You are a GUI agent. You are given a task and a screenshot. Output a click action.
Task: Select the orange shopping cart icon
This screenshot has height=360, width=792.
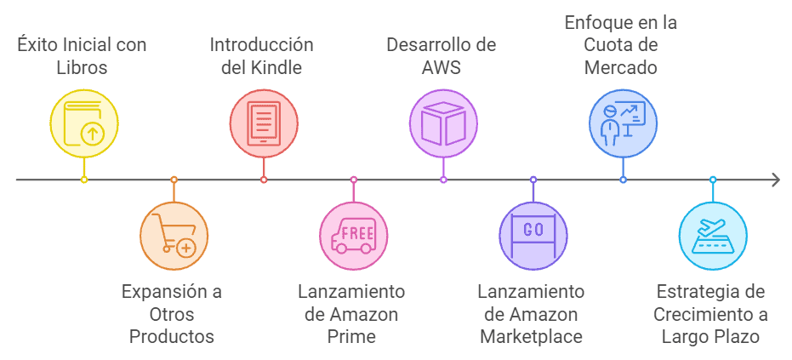[x=174, y=236]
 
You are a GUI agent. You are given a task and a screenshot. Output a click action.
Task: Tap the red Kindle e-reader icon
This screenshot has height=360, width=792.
[x=264, y=123]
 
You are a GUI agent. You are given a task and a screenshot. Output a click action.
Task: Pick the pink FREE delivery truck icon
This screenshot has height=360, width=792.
[x=354, y=236]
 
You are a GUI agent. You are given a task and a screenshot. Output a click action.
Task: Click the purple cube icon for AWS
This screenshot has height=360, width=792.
[x=443, y=123]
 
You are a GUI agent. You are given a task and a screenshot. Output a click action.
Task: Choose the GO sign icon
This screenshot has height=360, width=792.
[x=533, y=236]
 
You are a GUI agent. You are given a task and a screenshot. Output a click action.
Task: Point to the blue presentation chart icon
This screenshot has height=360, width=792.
[x=624, y=123]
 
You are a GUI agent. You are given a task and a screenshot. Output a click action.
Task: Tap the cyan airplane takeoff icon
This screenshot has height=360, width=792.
[x=713, y=236]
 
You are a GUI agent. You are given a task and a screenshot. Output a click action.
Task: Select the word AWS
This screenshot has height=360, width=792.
[x=442, y=67]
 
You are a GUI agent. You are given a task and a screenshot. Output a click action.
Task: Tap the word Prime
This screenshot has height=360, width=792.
[x=351, y=336]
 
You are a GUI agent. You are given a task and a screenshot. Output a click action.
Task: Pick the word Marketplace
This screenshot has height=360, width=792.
[x=532, y=336]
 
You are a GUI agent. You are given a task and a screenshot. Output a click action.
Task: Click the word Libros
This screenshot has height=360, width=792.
[x=83, y=67]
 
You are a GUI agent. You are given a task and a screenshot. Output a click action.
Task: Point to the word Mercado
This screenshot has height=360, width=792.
[x=621, y=67]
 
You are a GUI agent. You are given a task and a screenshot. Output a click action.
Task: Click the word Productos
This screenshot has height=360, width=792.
[x=172, y=336]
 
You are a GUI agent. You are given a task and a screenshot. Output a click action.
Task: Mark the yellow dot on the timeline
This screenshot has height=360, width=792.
[x=83, y=180]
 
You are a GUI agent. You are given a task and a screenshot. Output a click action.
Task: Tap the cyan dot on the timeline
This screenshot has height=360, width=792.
[x=713, y=180]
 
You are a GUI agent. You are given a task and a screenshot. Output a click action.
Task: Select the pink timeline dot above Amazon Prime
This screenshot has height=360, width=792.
[x=354, y=180]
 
